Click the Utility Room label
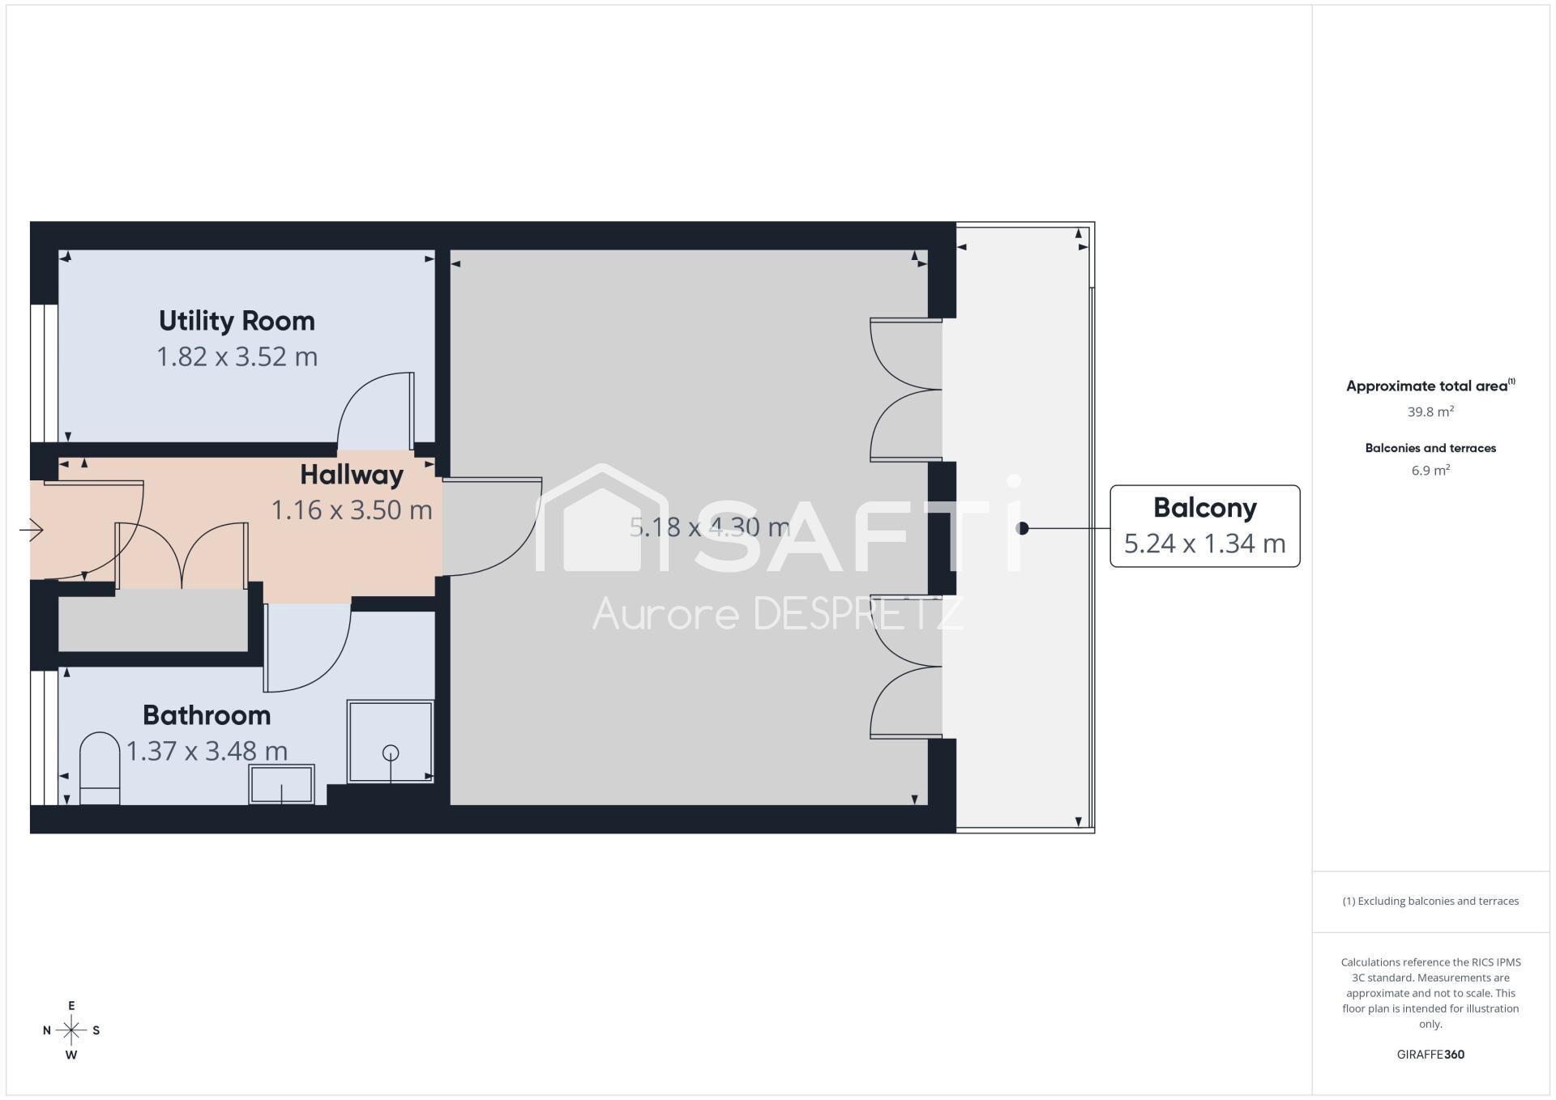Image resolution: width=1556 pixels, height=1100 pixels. (x=237, y=321)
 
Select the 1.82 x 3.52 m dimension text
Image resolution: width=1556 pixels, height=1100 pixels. (x=237, y=356)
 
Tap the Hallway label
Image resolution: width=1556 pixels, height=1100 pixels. (x=352, y=475)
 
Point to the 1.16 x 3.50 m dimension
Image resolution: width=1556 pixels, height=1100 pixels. (x=352, y=510)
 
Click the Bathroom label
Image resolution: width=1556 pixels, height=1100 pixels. (x=207, y=715)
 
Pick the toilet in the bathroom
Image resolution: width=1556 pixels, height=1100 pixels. (x=100, y=769)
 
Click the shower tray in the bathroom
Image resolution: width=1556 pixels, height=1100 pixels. (x=391, y=741)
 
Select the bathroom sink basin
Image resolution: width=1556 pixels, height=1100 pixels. (x=281, y=784)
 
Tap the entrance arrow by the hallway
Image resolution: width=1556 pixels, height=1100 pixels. (x=32, y=530)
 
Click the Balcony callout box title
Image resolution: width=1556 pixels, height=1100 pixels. (x=1205, y=508)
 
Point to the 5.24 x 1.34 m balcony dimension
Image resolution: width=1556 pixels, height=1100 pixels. (x=1205, y=544)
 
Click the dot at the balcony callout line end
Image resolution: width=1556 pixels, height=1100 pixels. (x=1023, y=528)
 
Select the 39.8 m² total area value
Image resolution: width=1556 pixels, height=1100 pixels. (x=1430, y=411)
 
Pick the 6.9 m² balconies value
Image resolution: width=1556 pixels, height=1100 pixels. (x=1430, y=471)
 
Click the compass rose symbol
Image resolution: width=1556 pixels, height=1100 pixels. (x=71, y=1030)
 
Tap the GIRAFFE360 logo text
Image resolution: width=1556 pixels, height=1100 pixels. (x=1430, y=1055)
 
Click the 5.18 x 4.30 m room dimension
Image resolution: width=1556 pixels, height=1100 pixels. (x=710, y=527)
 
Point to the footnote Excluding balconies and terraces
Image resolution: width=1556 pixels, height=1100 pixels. (x=1430, y=901)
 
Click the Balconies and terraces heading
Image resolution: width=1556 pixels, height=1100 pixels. (x=1430, y=448)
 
